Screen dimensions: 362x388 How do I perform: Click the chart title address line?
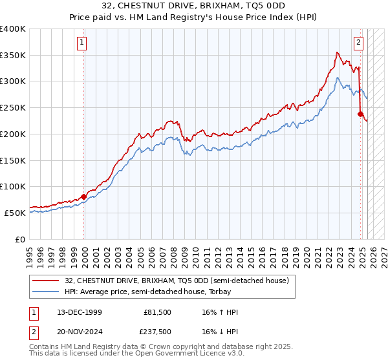pos(194,6)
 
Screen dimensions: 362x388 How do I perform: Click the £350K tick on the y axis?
pos(13,55)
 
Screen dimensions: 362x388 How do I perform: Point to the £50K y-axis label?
pos(15,213)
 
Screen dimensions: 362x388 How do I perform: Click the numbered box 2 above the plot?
pos(358,43)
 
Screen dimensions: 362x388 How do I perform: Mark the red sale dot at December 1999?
pos(84,197)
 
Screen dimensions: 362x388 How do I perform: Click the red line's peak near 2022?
pos(337,52)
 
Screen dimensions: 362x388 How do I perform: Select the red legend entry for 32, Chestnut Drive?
pos(180,280)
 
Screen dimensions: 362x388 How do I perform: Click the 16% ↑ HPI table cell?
pos(221,312)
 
